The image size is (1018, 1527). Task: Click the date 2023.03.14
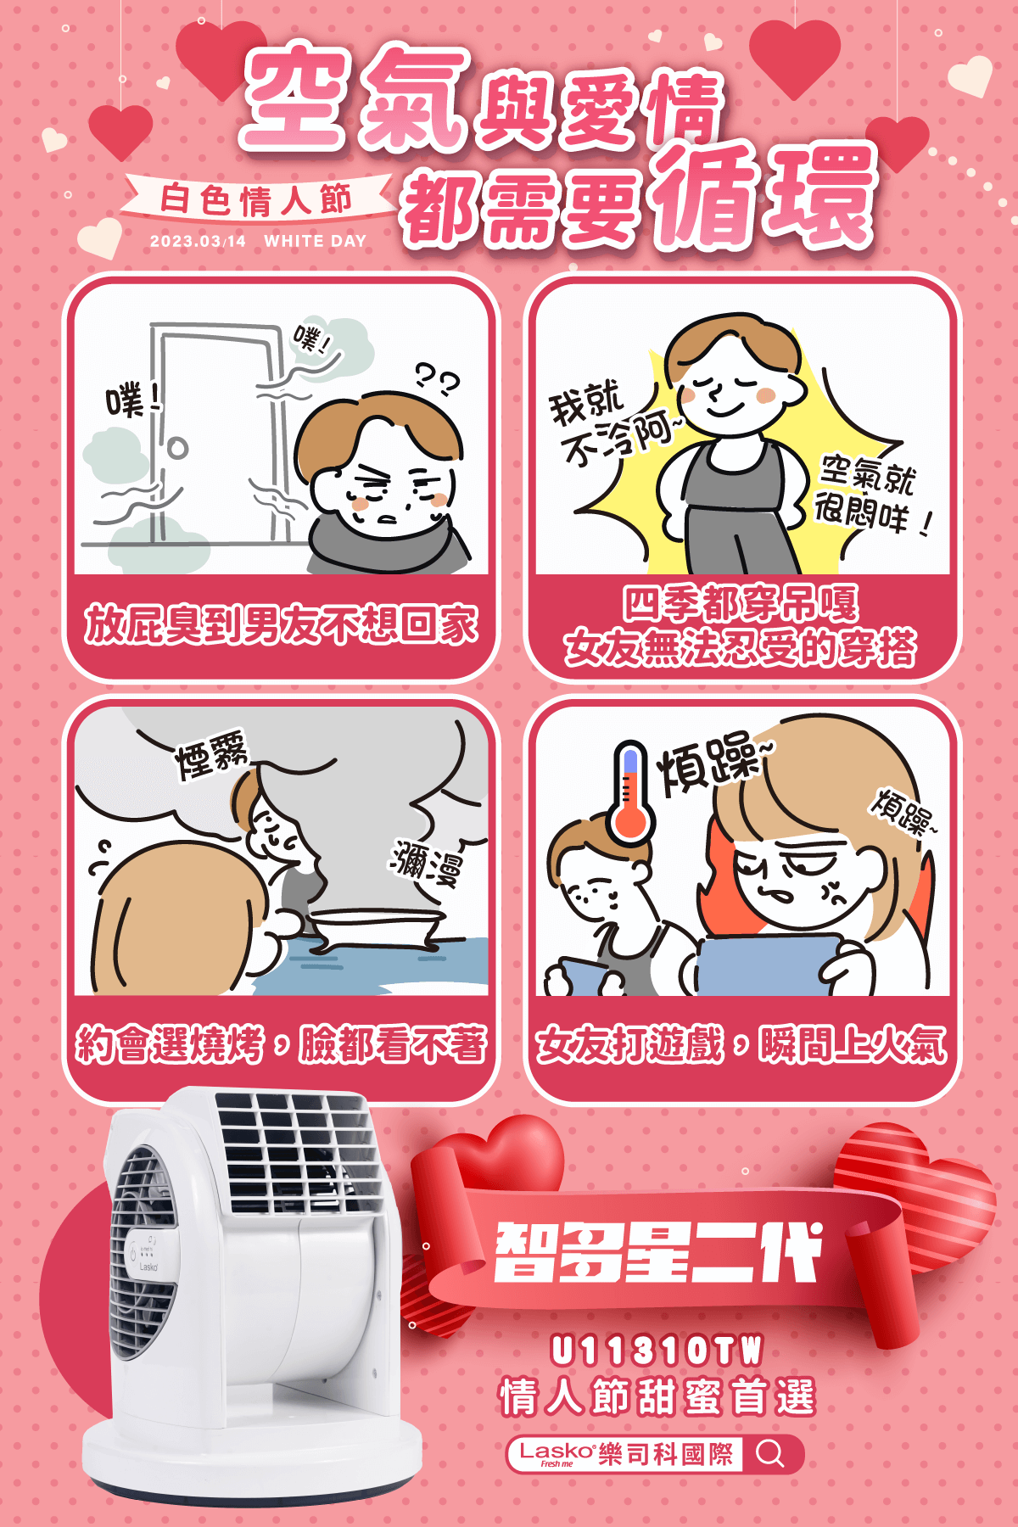click(198, 241)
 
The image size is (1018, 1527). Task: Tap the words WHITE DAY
click(315, 241)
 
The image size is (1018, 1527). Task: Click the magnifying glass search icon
click(770, 1453)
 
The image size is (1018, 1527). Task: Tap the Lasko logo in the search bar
click(557, 1453)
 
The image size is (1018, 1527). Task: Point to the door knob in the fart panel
click(176, 447)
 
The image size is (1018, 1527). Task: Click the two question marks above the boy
click(437, 379)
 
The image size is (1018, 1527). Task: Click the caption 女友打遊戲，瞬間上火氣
click(741, 1043)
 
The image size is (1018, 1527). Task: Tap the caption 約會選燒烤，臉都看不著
click(281, 1043)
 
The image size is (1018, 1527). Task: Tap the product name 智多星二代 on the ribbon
click(658, 1252)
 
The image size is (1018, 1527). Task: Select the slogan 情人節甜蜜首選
click(657, 1397)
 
